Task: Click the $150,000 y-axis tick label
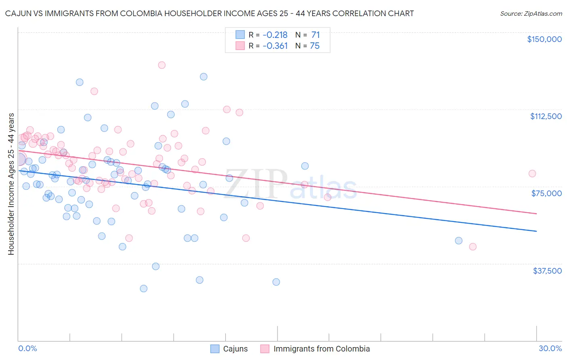pos(544,39)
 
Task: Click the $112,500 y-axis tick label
pos(546,116)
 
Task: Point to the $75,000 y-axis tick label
pos(546,193)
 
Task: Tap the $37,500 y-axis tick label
pos(547,271)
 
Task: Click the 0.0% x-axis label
pos(27,348)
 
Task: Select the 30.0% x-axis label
pos(550,348)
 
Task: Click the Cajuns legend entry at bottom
pos(235,349)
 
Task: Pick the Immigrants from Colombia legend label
pos(321,349)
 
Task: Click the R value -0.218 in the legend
pos(275,35)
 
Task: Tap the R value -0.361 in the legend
pos(275,46)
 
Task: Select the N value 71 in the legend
pos(315,35)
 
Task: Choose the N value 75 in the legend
pos(315,46)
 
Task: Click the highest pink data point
pos(162,65)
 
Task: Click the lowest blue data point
pos(144,289)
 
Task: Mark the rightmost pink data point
pos(532,174)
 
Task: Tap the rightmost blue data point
pos(459,241)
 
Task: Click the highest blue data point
pos(204,77)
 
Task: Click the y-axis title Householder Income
pos(11,184)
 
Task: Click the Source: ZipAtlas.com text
pos(531,14)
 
